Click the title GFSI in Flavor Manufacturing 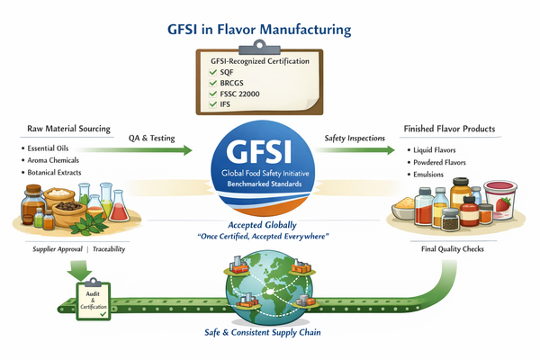tap(269, 29)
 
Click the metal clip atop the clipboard tap(269, 44)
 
